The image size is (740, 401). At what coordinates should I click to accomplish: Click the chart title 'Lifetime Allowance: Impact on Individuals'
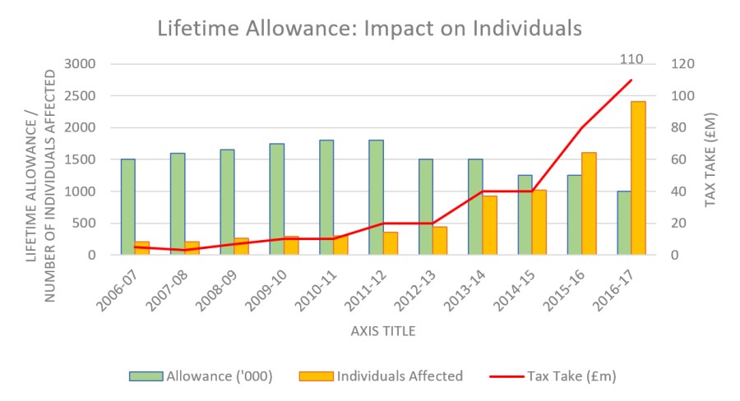coord(369,28)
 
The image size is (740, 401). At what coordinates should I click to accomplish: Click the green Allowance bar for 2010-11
coord(326,197)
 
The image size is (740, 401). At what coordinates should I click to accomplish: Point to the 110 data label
coord(631,59)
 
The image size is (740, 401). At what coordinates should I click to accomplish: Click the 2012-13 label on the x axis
coord(427,287)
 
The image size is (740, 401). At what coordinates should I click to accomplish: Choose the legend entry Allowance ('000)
coord(201,376)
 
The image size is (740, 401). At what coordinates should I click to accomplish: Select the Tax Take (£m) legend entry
coord(553,376)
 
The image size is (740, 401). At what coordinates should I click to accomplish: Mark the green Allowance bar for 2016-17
coord(623,223)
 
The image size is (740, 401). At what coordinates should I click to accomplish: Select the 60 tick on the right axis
coord(681,159)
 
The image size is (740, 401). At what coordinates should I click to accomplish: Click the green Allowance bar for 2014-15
coord(525,214)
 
